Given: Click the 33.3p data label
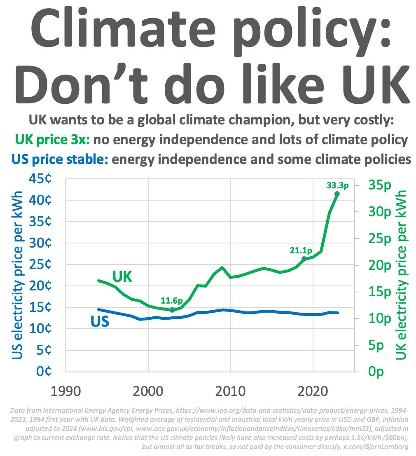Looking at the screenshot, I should coord(337,186).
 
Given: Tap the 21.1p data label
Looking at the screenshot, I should coord(300,250).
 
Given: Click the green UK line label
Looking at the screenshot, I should coord(122,277).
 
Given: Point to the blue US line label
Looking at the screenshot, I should coord(100,321).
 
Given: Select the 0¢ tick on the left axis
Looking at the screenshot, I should coord(43,372).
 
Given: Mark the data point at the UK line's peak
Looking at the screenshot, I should coord(337,194).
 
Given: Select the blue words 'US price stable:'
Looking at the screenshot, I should coord(60,159).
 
